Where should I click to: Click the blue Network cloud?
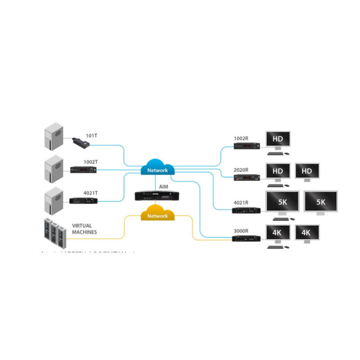click(157, 168)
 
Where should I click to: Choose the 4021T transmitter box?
click(83, 201)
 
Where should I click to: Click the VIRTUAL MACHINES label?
click(85, 229)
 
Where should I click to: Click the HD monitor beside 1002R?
click(278, 139)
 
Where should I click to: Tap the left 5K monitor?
click(282, 202)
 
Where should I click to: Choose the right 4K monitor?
click(307, 233)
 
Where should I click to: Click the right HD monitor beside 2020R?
click(307, 171)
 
